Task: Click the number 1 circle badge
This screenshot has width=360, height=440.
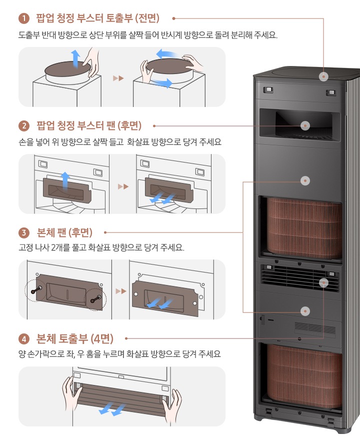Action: point(24,18)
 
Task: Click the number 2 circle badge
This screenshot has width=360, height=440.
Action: point(24,125)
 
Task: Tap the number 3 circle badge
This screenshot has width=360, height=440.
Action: point(24,232)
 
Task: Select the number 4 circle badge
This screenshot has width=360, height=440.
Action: point(24,339)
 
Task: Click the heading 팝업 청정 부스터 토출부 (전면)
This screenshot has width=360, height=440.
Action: point(97,18)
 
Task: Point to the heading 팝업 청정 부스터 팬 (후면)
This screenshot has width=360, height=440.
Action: point(89,125)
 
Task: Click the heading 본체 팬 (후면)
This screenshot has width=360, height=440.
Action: point(64,232)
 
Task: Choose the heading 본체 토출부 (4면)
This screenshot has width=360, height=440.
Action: point(75,338)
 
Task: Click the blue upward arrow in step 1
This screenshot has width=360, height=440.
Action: point(75,58)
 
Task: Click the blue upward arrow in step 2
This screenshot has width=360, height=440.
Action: point(65,181)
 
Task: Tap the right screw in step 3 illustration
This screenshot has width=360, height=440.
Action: point(96,299)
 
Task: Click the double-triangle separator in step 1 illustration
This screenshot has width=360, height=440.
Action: point(118,78)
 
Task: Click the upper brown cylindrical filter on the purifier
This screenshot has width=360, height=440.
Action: point(304,228)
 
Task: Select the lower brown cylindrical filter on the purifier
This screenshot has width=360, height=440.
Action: point(304,375)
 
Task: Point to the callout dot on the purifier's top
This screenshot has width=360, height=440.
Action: point(323,76)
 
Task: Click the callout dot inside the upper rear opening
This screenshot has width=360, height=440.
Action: point(305,125)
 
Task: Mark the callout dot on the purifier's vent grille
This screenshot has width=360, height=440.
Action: point(323,283)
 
